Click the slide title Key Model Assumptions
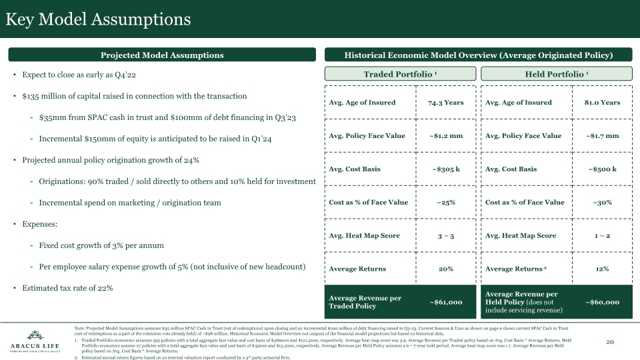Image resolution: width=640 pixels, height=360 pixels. [x=98, y=19]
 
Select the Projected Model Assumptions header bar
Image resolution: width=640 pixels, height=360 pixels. [x=162, y=55]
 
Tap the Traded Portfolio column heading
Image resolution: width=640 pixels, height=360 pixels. [x=400, y=74]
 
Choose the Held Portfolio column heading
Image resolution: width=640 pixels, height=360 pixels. [x=556, y=74]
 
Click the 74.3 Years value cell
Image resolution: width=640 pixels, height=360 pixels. [x=445, y=103]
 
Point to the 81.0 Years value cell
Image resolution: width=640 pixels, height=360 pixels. [x=602, y=103]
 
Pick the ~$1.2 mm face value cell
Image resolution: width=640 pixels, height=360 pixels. [x=445, y=136]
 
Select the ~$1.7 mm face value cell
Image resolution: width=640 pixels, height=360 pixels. [x=602, y=136]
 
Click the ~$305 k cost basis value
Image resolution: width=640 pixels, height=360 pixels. [x=445, y=169]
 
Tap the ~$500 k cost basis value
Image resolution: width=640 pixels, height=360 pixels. [x=602, y=169]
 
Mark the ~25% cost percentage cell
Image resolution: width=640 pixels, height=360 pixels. [x=445, y=203]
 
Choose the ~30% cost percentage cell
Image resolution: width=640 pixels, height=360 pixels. [x=602, y=203]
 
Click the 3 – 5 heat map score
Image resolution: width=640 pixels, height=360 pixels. [x=445, y=236]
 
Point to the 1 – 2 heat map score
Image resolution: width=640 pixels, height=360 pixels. [x=602, y=236]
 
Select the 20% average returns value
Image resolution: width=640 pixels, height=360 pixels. [x=445, y=269]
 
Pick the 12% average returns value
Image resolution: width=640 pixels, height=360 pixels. [x=602, y=269]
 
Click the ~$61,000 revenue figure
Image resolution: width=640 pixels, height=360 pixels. [x=445, y=302]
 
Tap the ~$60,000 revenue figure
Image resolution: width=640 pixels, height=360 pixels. [x=602, y=302]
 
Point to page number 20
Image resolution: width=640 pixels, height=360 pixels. [x=609, y=341]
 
